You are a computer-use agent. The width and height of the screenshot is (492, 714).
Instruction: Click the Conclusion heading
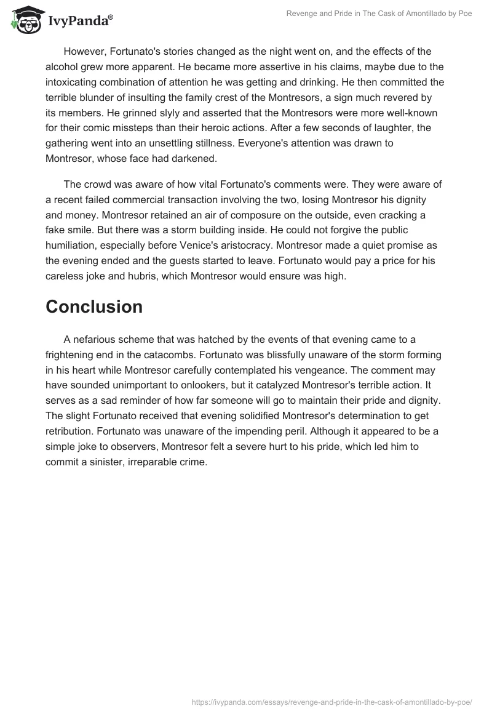94,307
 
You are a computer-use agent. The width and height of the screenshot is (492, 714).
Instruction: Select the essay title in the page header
379,13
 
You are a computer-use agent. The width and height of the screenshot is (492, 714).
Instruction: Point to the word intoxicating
74,81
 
